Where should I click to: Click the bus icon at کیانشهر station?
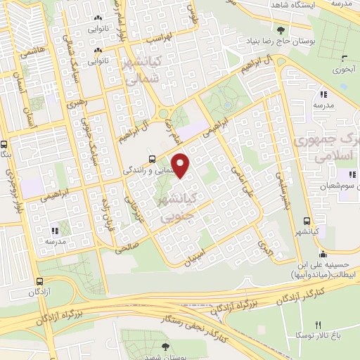tap(305, 219)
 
